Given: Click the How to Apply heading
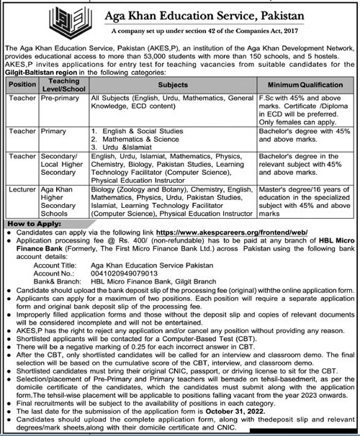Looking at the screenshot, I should click(36, 225).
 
